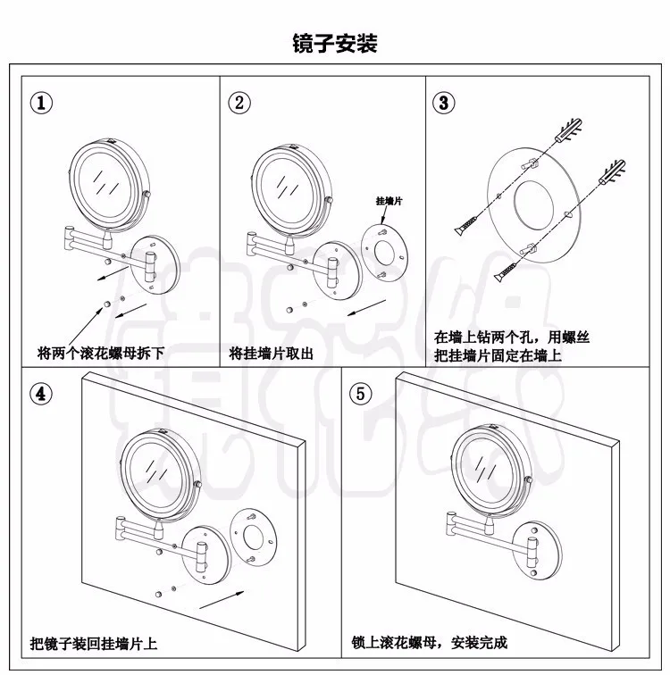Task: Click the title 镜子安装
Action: pos(335,43)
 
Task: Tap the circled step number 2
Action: pos(239,101)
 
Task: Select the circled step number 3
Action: pos(444,101)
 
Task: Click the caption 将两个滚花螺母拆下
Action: pos(101,352)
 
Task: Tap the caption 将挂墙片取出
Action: pos(272,352)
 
